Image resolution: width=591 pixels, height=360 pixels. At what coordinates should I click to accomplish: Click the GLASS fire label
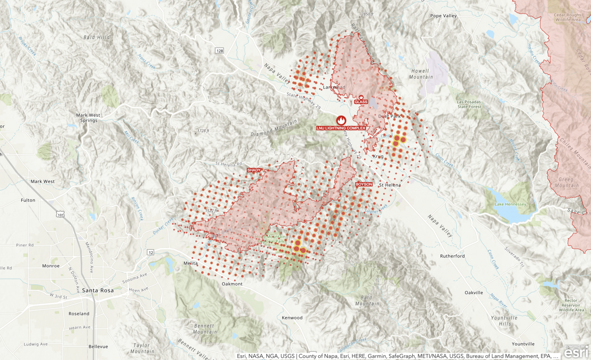361,102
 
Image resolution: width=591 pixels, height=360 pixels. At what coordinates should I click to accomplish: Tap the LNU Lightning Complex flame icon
341,120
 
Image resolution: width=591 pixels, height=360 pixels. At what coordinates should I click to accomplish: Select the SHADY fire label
254,170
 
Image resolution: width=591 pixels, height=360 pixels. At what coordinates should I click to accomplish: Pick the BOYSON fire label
364,184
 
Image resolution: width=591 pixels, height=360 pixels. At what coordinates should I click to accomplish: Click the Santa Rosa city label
98,290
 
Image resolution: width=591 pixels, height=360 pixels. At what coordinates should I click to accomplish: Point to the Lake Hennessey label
510,204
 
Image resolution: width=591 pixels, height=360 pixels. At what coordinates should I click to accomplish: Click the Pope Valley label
443,16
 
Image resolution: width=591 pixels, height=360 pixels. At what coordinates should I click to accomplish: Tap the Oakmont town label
232,284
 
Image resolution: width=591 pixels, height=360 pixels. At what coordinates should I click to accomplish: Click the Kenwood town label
292,317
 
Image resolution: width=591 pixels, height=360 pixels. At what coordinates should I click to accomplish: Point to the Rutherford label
452,256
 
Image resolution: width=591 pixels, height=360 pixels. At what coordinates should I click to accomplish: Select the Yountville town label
523,344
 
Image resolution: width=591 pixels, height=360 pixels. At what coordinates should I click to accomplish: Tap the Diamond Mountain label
274,128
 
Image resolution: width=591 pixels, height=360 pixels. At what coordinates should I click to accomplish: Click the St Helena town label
390,185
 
